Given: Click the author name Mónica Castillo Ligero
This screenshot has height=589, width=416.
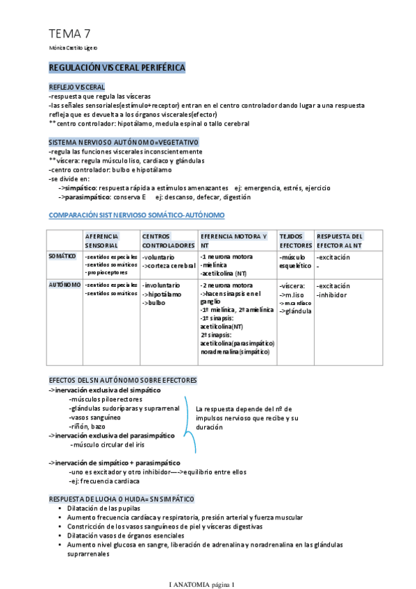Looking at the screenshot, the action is pyautogui.click(x=72, y=48).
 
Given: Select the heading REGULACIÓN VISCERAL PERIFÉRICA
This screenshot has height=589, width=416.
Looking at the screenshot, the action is pyautogui.click(x=116, y=68).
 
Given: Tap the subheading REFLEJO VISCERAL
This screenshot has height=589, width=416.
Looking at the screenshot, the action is pyautogui.click(x=76, y=87).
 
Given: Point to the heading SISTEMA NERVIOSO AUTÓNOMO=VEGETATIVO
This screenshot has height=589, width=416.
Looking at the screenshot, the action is pyautogui.click(x=124, y=142).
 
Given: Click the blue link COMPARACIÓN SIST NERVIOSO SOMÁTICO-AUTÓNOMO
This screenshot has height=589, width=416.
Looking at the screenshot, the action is pyautogui.click(x=136, y=215).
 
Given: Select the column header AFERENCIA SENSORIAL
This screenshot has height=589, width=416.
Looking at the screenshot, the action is pyautogui.click(x=102, y=241).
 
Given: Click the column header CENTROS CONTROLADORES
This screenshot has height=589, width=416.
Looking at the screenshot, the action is pyautogui.click(x=168, y=241).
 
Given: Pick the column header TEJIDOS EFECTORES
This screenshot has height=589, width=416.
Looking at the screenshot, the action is pyautogui.click(x=295, y=241).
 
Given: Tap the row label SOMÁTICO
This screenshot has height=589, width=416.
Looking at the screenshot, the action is pyautogui.click(x=63, y=256).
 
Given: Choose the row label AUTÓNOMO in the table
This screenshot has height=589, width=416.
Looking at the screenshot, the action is pyautogui.click(x=64, y=285).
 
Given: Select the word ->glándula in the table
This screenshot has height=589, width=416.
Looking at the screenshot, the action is pyautogui.click(x=295, y=310).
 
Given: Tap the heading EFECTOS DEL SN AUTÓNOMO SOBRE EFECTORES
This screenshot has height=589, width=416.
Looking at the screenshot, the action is pyautogui.click(x=123, y=380).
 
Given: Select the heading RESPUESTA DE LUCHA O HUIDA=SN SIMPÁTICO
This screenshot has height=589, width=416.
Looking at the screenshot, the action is pyautogui.click(x=122, y=499).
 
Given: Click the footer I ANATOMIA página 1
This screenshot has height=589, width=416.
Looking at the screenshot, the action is pyautogui.click(x=203, y=584).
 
